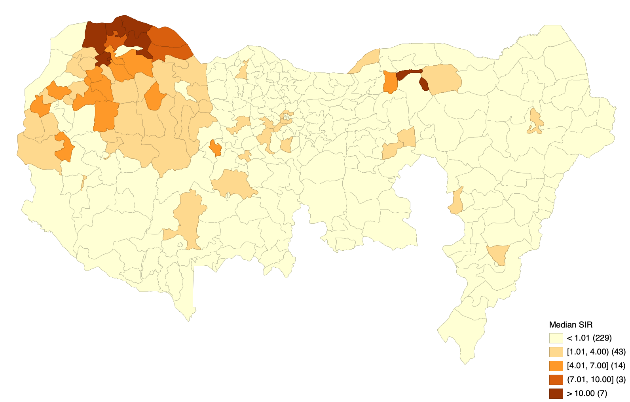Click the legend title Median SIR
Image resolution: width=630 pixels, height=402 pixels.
pos(571,325)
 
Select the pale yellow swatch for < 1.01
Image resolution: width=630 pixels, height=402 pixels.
pos(556,338)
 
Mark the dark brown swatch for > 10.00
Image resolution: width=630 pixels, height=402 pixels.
pos(556,394)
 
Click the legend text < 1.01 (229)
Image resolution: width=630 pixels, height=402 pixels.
pos(589,338)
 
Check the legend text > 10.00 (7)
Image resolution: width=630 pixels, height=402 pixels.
pos(587,394)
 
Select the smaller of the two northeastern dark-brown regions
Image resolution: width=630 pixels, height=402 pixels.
pos(424,84)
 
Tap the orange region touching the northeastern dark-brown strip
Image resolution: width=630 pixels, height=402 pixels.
pos(390,82)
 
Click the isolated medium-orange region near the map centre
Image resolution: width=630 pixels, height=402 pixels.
pos(216,148)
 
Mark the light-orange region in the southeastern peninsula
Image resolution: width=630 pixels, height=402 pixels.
pos(498,253)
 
